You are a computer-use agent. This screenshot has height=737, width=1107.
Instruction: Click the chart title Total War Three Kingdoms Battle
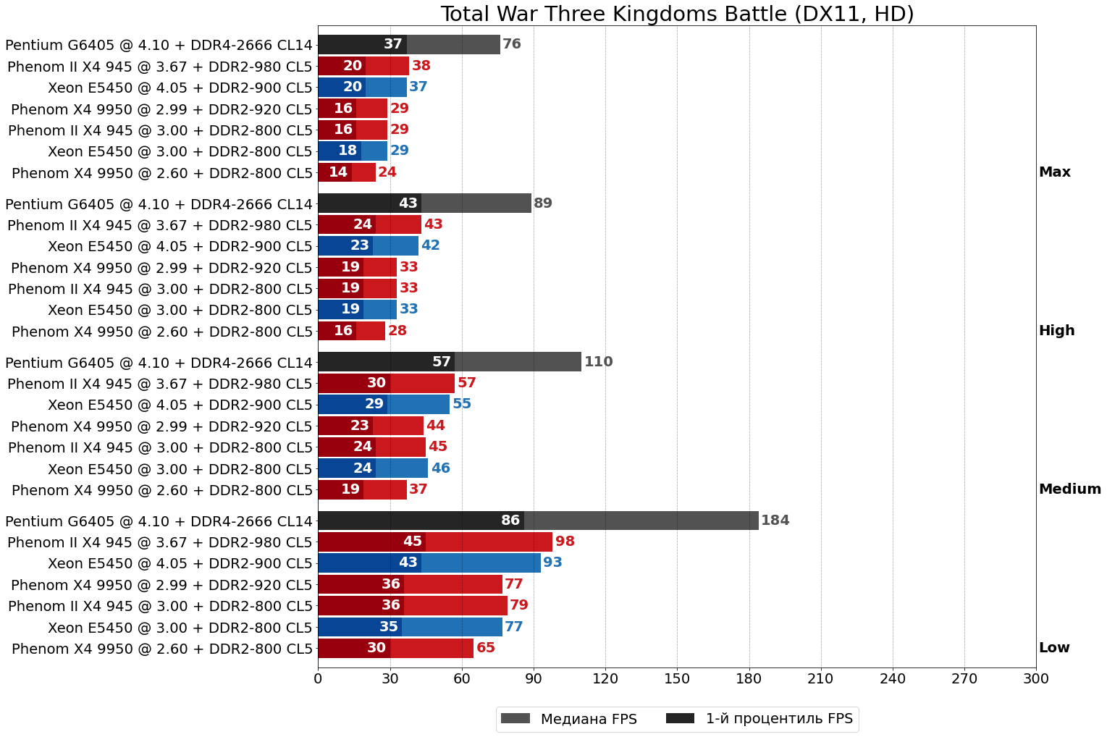pyautogui.click(x=677, y=14)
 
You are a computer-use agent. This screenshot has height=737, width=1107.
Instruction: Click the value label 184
pyautogui.click(x=775, y=521)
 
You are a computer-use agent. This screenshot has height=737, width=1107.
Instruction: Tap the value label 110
pyautogui.click(x=598, y=362)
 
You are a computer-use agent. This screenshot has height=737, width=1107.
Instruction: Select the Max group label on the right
pyautogui.click(x=1054, y=172)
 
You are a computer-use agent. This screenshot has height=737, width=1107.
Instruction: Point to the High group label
pyautogui.click(x=1056, y=331)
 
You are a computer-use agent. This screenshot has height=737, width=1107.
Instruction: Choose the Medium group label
pyautogui.click(x=1069, y=489)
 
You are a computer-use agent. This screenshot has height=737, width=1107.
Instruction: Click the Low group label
pyautogui.click(x=1053, y=648)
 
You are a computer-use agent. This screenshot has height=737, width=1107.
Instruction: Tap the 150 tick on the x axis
pyautogui.click(x=677, y=679)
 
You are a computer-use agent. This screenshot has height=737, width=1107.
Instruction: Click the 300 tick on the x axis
pyautogui.click(x=1036, y=679)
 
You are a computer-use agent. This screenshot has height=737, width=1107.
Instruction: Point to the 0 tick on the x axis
pyautogui.click(x=318, y=679)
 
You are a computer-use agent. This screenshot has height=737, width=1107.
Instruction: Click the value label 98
pyautogui.click(x=565, y=542)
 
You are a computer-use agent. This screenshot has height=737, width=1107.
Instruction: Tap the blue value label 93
pyautogui.click(x=552, y=563)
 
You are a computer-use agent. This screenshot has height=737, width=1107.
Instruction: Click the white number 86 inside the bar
pyautogui.click(x=510, y=521)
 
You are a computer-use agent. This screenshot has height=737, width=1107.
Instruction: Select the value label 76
pyautogui.click(x=512, y=44)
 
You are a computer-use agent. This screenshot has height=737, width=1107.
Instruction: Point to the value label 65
pyautogui.click(x=486, y=648)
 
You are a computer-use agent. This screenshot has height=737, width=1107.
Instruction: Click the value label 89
pyautogui.click(x=543, y=203)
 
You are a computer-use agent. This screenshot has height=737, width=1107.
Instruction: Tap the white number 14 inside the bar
pyautogui.click(x=338, y=172)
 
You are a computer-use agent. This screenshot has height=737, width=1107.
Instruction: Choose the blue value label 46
pyautogui.click(x=440, y=468)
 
